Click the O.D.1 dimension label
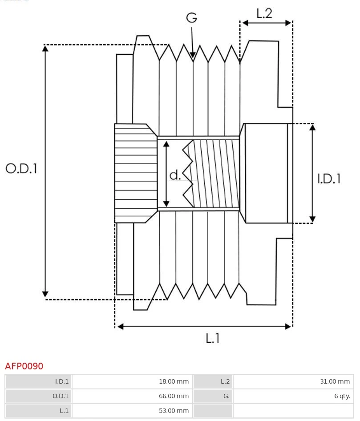coord(21,168)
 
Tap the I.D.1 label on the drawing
coord(329,178)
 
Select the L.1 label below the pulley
coord(213,339)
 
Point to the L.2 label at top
coord(264,14)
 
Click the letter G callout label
coord(191,18)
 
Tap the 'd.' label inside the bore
coord(175,175)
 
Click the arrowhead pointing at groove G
coord(193,55)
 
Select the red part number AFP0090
coord(24,366)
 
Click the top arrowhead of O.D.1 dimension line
coord(45,48)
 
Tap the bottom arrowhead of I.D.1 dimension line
coord(312,219)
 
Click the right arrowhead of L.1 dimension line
coord(288,326)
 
